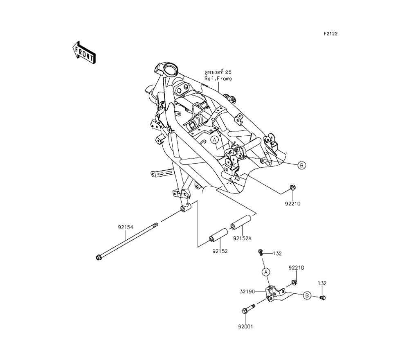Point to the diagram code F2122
(330, 34)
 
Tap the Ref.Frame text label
(218, 79)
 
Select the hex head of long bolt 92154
(98, 258)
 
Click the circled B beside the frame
(301, 165)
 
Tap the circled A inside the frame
(214, 140)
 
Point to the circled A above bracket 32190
(265, 272)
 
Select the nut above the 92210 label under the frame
(292, 188)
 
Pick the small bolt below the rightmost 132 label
(322, 297)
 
